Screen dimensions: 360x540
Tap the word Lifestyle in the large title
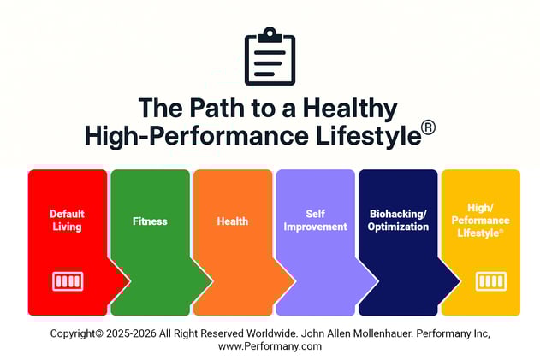[x=370, y=135]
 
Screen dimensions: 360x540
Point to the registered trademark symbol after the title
[x=428, y=127]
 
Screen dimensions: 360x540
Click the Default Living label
[x=66, y=220]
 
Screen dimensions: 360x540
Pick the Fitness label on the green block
[x=150, y=221]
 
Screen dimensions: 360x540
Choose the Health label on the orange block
[x=232, y=221]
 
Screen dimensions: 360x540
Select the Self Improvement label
[x=314, y=220]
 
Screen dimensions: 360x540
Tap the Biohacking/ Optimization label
[x=397, y=220]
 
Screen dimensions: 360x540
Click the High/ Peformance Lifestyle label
[x=479, y=220]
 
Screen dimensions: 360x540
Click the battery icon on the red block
[x=67, y=281]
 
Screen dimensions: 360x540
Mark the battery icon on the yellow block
[x=490, y=281]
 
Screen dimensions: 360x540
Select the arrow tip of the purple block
[x=374, y=280]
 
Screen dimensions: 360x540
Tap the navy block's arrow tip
[x=457, y=280]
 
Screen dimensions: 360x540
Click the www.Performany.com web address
[x=270, y=346]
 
